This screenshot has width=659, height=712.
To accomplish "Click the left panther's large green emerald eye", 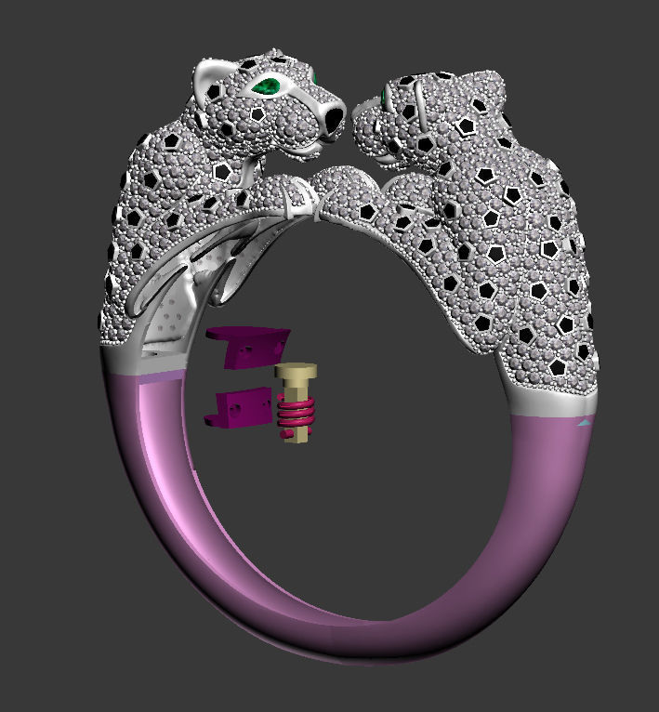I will tap(267, 87).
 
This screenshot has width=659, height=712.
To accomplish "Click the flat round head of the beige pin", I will tap(297, 371).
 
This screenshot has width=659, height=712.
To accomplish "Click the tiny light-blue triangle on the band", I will tap(584, 422).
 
